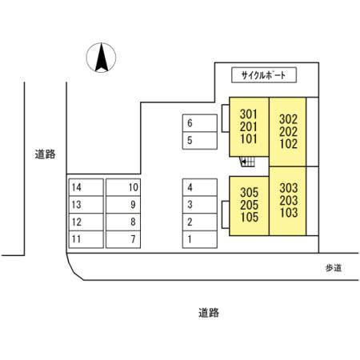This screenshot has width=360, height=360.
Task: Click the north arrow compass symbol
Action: tap(101, 58)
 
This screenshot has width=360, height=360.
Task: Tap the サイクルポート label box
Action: tap(264, 75)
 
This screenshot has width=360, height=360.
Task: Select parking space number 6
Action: tap(200, 123)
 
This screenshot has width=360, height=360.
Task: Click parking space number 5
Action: tap(200, 141)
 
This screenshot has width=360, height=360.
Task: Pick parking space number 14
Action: tap(86, 187)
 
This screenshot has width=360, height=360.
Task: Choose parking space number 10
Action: tap(123, 187)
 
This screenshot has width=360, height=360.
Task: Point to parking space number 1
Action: tap(200, 239)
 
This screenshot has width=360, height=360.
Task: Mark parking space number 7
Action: tap(123, 239)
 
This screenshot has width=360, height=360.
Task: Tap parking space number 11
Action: tap(86, 239)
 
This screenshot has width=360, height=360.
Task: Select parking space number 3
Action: tap(200, 205)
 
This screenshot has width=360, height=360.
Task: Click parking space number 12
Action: tap(86, 222)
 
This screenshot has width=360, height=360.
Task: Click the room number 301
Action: tap(248, 114)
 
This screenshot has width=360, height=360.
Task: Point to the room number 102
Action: tap(288, 144)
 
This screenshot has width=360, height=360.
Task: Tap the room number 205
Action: tap(250, 205)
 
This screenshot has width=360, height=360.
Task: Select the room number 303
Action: tap(289, 188)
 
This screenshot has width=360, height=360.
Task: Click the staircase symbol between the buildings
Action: tap(247, 162)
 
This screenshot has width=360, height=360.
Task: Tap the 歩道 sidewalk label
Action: tap(334, 268)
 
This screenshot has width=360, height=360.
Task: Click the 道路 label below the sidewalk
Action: tap(209, 313)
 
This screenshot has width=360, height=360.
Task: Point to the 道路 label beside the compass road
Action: tap(45, 154)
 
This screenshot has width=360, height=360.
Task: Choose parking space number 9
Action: tap(123, 205)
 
